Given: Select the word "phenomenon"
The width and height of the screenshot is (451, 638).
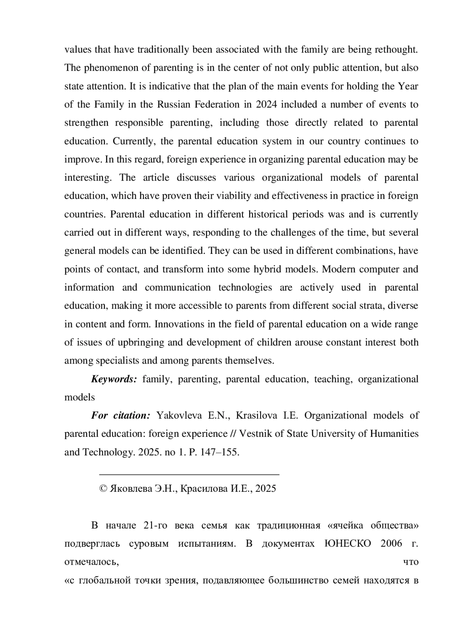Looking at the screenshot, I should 106,68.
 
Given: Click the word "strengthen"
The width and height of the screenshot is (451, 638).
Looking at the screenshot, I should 86,123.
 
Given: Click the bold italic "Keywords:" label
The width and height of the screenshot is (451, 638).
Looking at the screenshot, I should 114,379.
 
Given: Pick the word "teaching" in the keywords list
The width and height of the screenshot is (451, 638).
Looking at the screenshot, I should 333,379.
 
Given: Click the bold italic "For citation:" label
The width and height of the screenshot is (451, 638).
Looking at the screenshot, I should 121,415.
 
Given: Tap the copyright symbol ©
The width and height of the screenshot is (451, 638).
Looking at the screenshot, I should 103,489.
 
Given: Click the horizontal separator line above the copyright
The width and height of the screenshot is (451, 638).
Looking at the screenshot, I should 189,475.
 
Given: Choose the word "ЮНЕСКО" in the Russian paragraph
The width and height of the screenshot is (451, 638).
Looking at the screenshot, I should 347,544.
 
